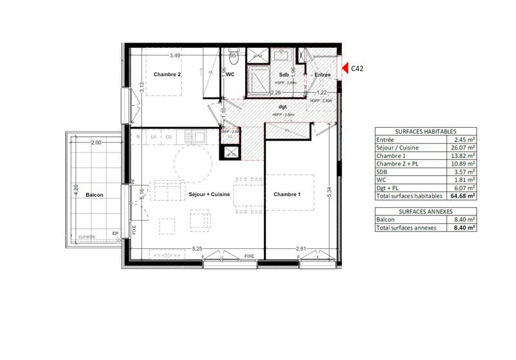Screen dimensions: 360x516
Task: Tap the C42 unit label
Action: point(358,68)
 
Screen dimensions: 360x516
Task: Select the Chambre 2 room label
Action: point(166,74)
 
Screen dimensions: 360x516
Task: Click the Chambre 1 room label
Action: point(287,194)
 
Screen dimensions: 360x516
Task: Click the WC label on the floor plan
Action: point(230,74)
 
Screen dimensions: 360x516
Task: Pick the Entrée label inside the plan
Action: point(322,75)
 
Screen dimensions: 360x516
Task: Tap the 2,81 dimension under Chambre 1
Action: point(301,248)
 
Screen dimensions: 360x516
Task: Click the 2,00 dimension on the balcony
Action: point(96,142)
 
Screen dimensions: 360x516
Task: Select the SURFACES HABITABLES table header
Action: point(425,129)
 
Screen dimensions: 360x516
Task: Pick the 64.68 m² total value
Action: point(463,195)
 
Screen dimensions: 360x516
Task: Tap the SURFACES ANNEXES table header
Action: point(425,211)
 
